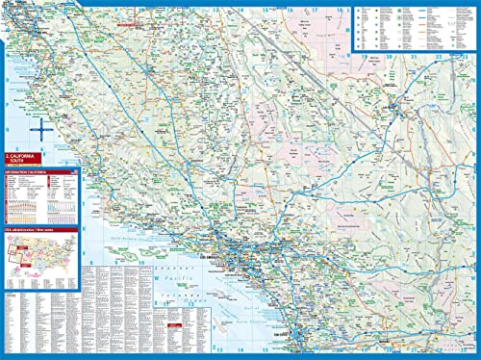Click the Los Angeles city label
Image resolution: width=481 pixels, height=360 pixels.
tap(234, 258)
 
